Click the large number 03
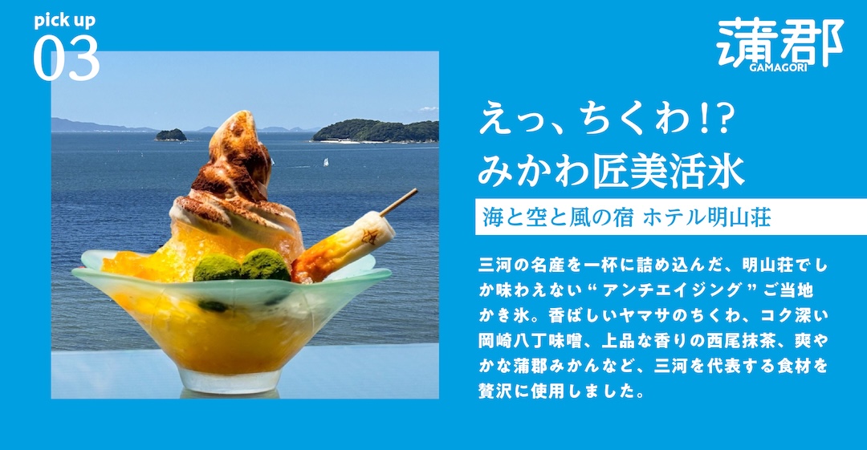click(67, 58)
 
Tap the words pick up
click(65, 21)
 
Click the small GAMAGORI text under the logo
click(779, 67)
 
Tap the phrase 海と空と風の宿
click(558, 217)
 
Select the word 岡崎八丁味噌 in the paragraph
click(531, 341)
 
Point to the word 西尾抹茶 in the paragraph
click(741, 341)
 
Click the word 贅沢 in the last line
click(495, 391)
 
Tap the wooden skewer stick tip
click(416, 191)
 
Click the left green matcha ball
click(217, 268)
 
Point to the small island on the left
click(171, 135)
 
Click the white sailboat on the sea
click(326, 162)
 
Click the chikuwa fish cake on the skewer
click(343, 248)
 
